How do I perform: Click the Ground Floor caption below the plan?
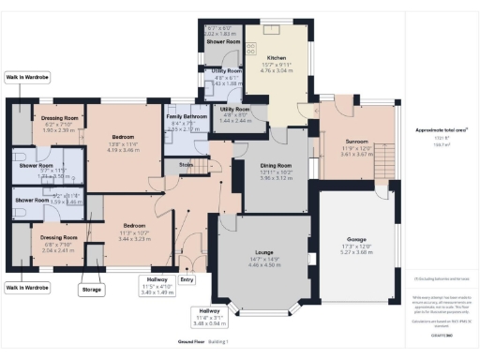[x=189, y=344]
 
